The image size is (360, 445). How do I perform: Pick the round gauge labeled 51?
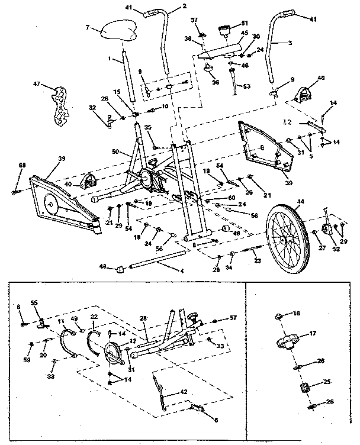(x=226, y=30)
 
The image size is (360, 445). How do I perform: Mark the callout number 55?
(x=34, y=302)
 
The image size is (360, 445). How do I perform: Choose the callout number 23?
(x=258, y=260)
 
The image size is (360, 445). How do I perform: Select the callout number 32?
(x=92, y=108)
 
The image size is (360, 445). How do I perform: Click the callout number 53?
(x=246, y=86)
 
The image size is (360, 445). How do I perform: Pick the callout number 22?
(x=94, y=318)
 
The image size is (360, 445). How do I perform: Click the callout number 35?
(x=148, y=127)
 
